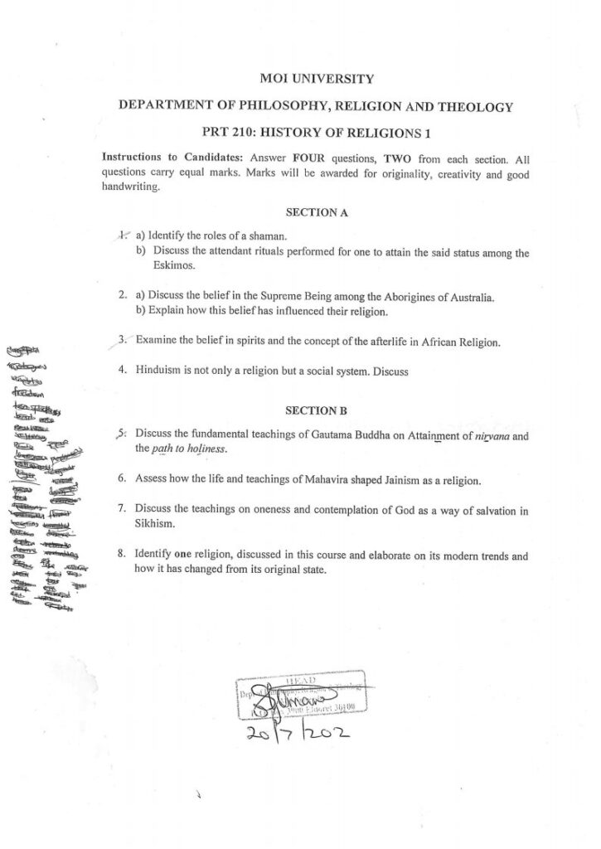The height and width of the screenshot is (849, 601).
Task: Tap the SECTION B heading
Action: pos(315,410)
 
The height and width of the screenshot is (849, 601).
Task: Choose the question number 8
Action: pos(122,555)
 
